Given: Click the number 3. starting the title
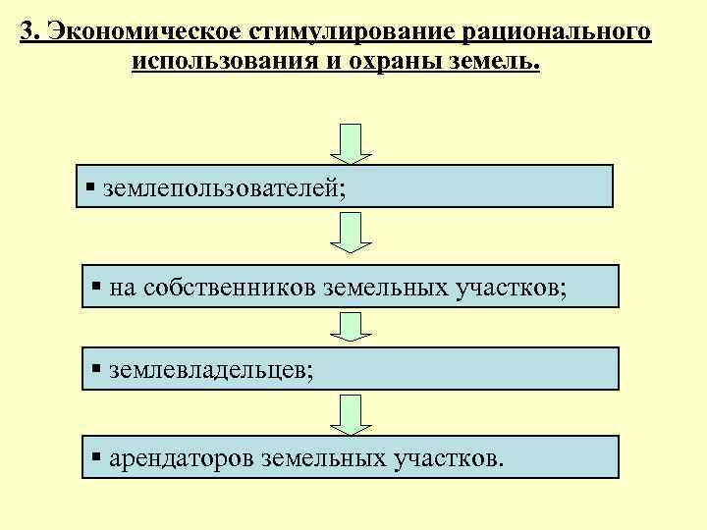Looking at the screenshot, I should coord(29,32).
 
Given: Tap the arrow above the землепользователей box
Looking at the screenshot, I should coord(350,143).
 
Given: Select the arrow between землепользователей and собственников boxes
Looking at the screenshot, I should coord(350,233).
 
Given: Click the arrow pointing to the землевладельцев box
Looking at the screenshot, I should coord(350,328).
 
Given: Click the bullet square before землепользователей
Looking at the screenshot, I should coord(89,186).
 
